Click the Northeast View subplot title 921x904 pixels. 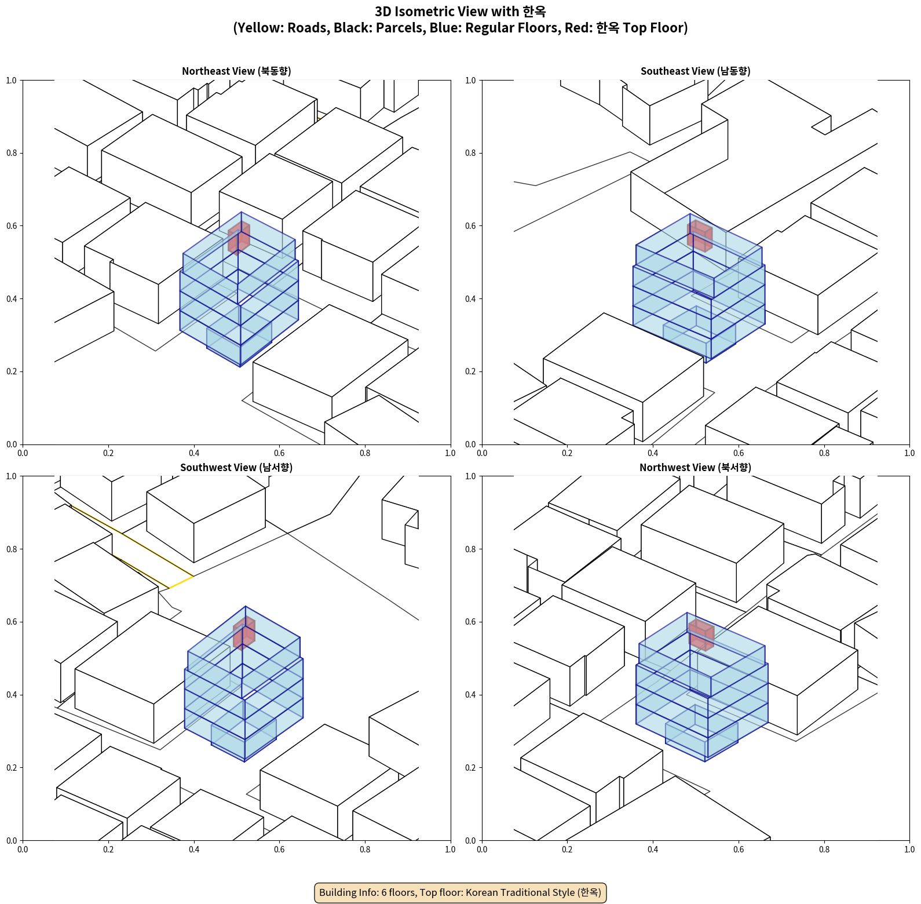[x=236, y=71]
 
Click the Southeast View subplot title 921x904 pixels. [x=695, y=71]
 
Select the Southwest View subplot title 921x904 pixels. [x=236, y=468]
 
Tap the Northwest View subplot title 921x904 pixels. [x=695, y=468]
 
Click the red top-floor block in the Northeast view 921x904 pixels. [x=239, y=238]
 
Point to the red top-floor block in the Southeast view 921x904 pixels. [x=700, y=236]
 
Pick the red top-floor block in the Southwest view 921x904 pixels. [x=244, y=633]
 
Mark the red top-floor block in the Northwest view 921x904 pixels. [x=701, y=635]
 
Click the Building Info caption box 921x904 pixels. [x=460, y=892]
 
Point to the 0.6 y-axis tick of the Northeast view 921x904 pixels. [x=12, y=226]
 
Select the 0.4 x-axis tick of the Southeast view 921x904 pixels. [x=653, y=453]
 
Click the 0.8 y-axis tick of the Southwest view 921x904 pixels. [x=12, y=549]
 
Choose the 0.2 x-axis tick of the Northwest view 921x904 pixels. [x=567, y=850]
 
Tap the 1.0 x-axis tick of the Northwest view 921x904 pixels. [x=909, y=850]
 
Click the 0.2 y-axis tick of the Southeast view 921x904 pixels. [x=470, y=371]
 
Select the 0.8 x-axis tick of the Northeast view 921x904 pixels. [x=365, y=453]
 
